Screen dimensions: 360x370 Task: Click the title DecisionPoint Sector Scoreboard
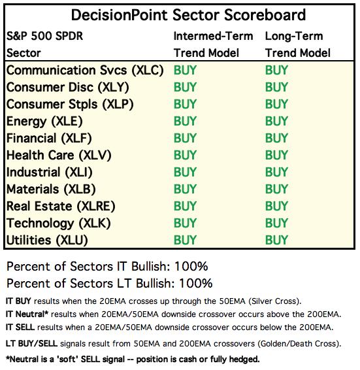tap(188, 15)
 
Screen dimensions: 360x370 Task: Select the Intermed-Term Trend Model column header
tap(213, 44)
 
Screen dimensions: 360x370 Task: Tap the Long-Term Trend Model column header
tap(298, 44)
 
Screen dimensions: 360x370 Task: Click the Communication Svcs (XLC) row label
tap(85, 71)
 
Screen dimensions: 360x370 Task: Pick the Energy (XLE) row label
tap(44, 122)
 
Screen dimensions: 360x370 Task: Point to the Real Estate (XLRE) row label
tap(61, 207)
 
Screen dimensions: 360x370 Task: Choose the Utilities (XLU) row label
tap(47, 241)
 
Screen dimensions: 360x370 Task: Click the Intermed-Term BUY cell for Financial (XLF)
tap(185, 138)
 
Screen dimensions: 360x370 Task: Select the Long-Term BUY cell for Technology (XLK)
tap(276, 223)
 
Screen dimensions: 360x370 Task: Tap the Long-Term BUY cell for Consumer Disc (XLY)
tap(276, 87)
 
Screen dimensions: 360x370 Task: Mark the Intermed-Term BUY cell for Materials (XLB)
tap(185, 189)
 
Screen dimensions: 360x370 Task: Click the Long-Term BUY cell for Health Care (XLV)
tap(276, 155)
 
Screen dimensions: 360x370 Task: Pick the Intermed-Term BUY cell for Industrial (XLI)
tap(185, 172)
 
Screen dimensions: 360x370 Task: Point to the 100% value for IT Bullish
tap(191, 267)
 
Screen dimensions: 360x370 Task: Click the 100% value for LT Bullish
tap(196, 284)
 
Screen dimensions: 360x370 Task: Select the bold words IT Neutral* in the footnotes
tap(27, 314)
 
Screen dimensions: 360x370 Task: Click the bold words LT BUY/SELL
tap(31, 344)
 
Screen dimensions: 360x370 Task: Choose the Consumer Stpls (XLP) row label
tap(70, 105)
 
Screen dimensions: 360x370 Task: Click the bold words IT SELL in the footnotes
tap(20, 328)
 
